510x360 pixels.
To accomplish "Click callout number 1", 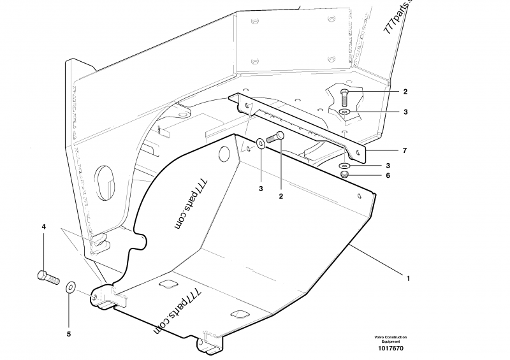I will pyautogui.click(x=409, y=278).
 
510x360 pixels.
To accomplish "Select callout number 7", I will pyautogui.click(x=404, y=150).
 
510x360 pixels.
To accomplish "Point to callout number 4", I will pyautogui.click(x=44, y=227).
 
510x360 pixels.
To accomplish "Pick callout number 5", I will pyautogui.click(x=69, y=333).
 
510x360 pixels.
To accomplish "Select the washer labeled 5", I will pyautogui.click(x=70, y=287).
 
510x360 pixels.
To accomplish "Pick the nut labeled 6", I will pyautogui.click(x=344, y=175).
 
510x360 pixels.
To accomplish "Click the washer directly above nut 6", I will pyautogui.click(x=344, y=166).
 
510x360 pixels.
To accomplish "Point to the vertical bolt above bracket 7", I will pyautogui.click(x=344, y=96).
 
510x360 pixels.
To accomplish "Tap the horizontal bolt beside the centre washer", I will pyautogui.click(x=275, y=136).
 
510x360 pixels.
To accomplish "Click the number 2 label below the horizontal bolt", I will pyautogui.click(x=280, y=196).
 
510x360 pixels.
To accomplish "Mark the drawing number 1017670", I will pyautogui.click(x=390, y=348).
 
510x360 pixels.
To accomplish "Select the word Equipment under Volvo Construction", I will pyautogui.click(x=390, y=342).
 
